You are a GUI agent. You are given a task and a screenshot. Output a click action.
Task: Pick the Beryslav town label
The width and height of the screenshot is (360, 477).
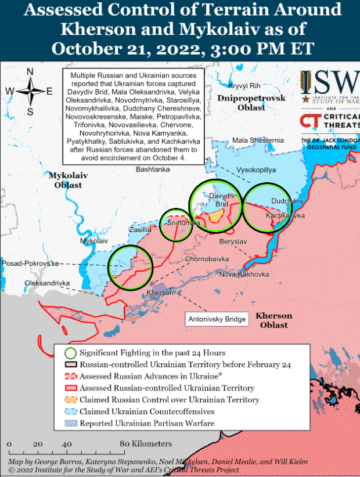pos(234,241)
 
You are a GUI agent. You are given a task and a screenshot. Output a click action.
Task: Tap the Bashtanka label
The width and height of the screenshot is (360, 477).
pos(153,169)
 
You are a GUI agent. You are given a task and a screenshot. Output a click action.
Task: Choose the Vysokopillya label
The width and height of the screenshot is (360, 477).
pos(256,170)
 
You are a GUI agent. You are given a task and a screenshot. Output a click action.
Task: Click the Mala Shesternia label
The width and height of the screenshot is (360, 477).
pos(258,140)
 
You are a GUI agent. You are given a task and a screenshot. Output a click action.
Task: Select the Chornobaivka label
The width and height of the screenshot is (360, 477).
pos(207,259)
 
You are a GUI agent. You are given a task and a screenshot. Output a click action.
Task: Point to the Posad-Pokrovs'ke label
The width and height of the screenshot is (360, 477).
pos(31,263)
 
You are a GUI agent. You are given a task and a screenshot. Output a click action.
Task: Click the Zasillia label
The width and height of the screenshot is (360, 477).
pos(140,230)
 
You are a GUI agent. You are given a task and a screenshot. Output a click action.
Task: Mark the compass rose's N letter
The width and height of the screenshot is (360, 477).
pos(30,71)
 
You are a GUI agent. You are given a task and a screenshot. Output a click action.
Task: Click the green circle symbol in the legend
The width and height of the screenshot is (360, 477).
pos(71,353)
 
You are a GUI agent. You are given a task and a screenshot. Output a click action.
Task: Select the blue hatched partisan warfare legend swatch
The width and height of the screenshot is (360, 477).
pos(71,424)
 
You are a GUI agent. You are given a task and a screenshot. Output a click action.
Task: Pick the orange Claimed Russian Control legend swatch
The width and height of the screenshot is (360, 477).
pos(71,400)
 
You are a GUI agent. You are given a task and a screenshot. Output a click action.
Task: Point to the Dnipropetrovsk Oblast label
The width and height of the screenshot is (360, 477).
pos(251,103)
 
